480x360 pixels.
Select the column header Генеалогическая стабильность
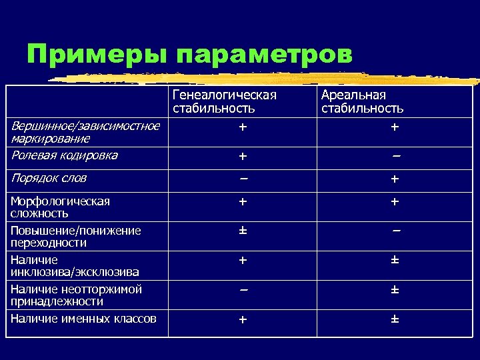tap(224, 101)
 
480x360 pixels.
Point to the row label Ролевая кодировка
tap(65, 155)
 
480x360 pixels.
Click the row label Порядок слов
tap(49, 179)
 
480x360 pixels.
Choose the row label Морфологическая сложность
tap(61, 207)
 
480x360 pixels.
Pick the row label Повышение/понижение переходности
tap(76, 237)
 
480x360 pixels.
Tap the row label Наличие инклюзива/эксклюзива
tap(75, 265)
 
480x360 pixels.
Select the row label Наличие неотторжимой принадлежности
tap(77, 295)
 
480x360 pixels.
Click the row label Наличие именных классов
tap(84, 319)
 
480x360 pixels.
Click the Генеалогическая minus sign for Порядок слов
tap(243, 179)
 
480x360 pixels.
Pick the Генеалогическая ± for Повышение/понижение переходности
tap(243, 231)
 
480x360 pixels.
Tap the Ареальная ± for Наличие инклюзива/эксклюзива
tap(395, 260)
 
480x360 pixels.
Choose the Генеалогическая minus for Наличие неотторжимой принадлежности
tap(243, 290)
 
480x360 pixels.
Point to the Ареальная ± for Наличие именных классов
tap(395, 319)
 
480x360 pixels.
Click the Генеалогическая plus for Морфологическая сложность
tap(243, 201)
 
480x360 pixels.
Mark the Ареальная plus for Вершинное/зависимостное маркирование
tap(395, 127)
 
